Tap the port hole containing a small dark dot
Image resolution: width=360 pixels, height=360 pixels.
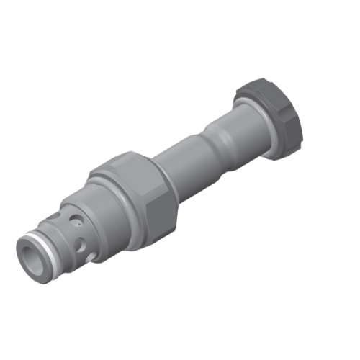point(73,216)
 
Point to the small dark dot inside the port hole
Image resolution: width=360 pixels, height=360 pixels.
point(73,216)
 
